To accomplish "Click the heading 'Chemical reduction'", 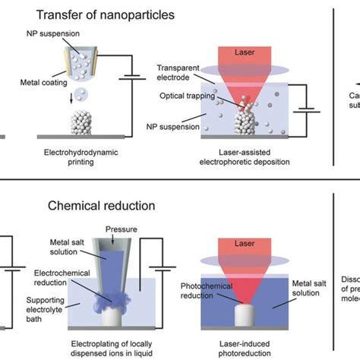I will tap(111, 206).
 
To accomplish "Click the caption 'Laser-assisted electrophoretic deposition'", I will tap(247, 160).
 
